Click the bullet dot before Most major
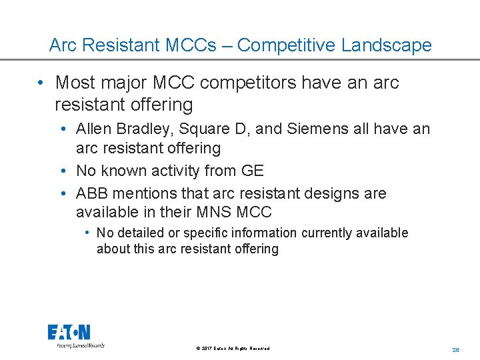(x=41, y=83)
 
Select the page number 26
(x=456, y=349)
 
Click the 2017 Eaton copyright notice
(x=233, y=349)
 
